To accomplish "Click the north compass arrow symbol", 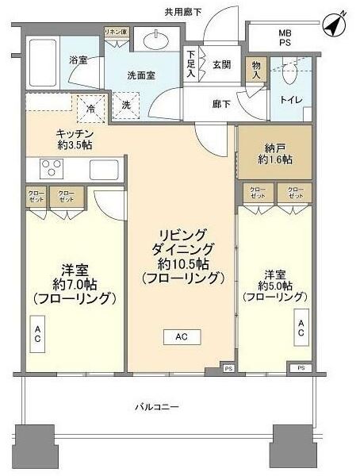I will click(335, 25).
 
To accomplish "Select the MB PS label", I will click(284, 38).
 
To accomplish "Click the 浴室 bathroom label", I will click(77, 60).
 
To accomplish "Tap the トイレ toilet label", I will click(291, 99).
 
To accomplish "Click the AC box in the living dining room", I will click(181, 336).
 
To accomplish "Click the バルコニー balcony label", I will click(155, 407).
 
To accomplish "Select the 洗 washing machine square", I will click(125, 105).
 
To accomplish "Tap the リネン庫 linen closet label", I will click(115, 32).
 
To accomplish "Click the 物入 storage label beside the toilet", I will click(256, 69).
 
